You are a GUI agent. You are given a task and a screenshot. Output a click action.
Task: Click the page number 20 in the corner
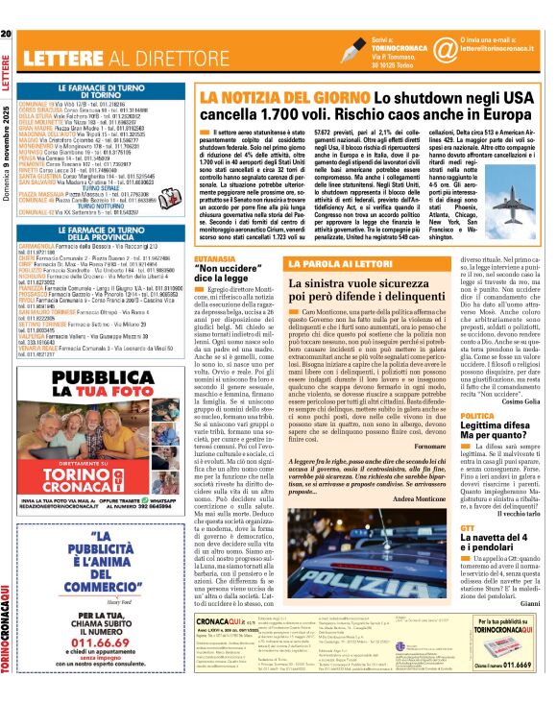pos(8,9)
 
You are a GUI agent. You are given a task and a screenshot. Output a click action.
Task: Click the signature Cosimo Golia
pos(524,401)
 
